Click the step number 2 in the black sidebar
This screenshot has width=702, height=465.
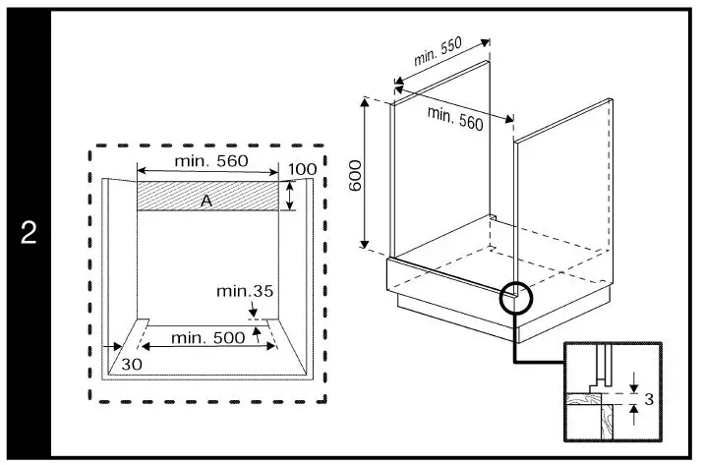pos(29,234)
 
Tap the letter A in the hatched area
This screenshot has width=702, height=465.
pos(206,201)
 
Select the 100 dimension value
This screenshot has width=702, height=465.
pos(304,169)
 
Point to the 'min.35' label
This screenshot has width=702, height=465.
pos(246,291)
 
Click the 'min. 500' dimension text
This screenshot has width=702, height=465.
pos(207,338)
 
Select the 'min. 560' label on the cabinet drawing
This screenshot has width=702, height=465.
pos(454,118)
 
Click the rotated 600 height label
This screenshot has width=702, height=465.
pos(356,174)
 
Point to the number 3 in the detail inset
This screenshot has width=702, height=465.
pos(648,398)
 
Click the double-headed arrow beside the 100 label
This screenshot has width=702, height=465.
pos(290,195)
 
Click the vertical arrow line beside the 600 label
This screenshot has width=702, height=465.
pos(366,174)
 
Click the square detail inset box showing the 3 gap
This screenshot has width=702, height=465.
pos(612,391)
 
